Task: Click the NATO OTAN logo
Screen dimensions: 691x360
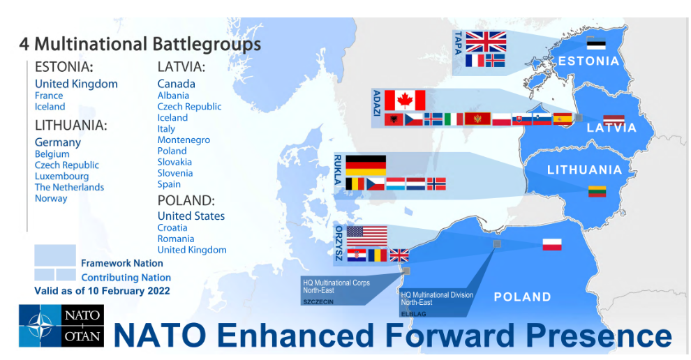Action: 61,326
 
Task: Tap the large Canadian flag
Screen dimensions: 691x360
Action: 405,100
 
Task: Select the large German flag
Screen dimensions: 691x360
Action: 366,165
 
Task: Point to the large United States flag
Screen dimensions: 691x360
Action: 366,237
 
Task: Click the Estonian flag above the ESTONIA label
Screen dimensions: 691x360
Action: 596,44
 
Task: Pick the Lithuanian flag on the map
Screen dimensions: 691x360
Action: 597,192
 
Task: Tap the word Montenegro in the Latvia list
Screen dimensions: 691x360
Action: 184,140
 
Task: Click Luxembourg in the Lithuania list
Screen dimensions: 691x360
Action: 61,177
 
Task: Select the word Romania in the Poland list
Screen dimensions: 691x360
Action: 176,239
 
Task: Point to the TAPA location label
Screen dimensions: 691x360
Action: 459,43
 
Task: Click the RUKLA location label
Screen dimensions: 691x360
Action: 338,170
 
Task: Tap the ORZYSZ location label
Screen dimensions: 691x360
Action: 339,243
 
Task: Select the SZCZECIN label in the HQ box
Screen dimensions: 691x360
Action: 318,302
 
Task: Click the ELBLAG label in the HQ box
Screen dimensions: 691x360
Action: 413,314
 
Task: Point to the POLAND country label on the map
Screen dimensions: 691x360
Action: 522,297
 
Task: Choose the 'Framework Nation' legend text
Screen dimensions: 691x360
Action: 122,263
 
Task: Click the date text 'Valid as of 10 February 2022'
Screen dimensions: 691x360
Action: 102,291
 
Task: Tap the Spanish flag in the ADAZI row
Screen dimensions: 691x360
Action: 563,119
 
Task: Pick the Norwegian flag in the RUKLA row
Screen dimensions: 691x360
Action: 436,183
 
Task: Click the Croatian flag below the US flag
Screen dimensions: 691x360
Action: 357,255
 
